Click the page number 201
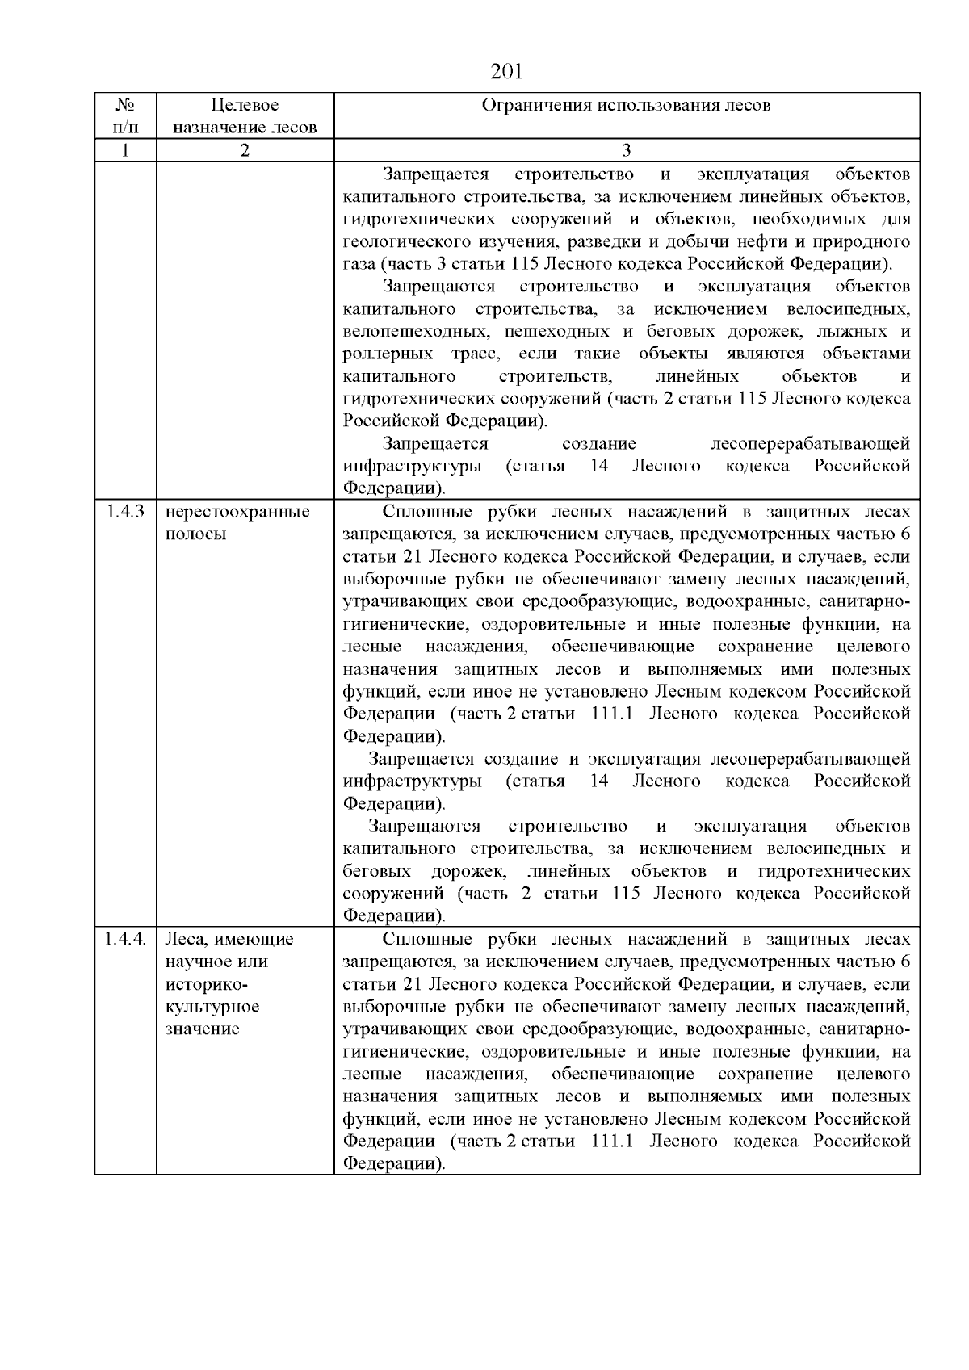(507, 72)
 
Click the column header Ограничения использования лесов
(626, 106)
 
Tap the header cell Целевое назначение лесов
(245, 116)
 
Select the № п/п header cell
(125, 116)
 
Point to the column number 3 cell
(626, 150)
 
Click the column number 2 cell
(245, 150)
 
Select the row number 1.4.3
(125, 512)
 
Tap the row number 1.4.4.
(126, 939)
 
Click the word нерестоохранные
(237, 512)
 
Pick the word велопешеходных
(415, 332)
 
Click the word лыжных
(847, 332)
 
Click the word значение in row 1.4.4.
(203, 1029)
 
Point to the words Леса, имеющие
(229, 939)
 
